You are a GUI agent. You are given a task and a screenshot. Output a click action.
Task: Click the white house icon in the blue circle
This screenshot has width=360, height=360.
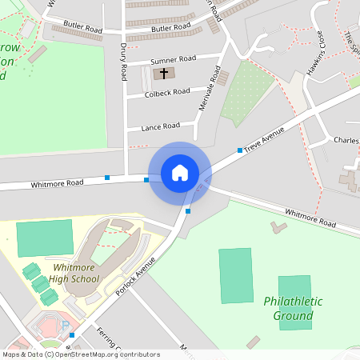[180, 172]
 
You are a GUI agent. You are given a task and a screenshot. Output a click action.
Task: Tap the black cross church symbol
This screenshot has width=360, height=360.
[165, 74]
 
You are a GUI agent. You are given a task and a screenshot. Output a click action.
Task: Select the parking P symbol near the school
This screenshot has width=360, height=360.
[65, 326]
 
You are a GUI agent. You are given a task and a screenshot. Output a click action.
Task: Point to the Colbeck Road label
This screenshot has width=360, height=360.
[167, 92]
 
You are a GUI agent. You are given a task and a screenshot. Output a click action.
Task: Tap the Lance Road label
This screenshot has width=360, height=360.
[160, 126]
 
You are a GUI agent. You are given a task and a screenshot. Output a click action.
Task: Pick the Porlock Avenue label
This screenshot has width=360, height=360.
[134, 274]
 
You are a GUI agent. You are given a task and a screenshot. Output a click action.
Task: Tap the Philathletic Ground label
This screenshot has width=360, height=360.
[293, 308]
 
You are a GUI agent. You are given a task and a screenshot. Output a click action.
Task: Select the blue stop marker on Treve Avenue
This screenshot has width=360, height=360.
[239, 150]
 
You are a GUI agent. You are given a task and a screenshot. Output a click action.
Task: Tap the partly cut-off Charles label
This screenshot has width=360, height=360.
[346, 141]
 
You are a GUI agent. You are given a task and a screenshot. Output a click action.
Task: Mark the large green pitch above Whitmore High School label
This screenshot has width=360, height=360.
[45, 238]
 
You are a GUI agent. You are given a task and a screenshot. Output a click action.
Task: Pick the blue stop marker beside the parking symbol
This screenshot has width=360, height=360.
[72, 334]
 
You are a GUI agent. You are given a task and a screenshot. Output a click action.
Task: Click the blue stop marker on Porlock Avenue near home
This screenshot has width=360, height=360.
[188, 210]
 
